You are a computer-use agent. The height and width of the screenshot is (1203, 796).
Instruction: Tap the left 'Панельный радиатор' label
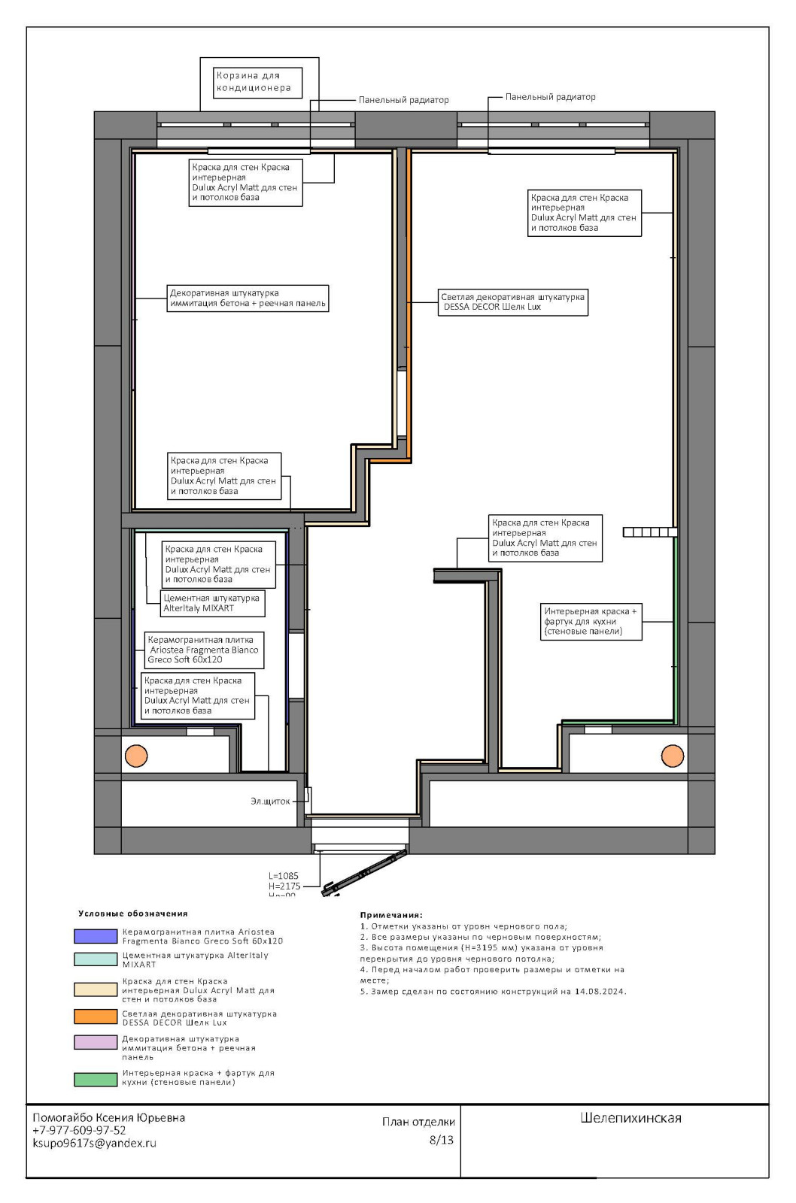coord(403,100)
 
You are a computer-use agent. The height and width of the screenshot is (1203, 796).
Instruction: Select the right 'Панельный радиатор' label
coord(550,97)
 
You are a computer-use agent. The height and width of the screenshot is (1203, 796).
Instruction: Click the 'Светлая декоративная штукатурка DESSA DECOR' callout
coord(512,302)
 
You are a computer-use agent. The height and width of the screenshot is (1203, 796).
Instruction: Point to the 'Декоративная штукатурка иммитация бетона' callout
coord(248,298)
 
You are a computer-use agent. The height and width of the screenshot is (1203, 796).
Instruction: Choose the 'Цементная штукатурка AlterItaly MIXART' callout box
coord(211,603)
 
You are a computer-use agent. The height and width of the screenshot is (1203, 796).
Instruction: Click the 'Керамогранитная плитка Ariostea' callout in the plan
coord(204,650)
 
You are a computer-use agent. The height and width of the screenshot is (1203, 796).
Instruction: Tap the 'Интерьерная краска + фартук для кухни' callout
coord(591,621)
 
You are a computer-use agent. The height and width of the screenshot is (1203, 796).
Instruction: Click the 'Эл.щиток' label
coord(270,801)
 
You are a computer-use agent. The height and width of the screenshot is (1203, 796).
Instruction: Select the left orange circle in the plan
coord(136,756)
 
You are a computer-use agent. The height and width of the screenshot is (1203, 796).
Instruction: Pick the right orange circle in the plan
coord(672,756)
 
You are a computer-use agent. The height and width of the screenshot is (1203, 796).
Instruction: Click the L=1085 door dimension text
coord(284,876)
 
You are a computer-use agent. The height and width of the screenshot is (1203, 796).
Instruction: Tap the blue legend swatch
coord(96,936)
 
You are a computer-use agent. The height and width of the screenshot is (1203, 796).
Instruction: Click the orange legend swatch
coord(96,1017)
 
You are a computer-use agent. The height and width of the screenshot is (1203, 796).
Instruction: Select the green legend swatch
coord(96,1079)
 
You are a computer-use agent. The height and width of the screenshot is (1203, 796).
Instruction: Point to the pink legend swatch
coord(96,1042)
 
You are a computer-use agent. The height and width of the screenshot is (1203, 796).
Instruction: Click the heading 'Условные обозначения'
coord(132,914)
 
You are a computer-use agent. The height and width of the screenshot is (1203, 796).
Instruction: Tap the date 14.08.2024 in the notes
coord(600,992)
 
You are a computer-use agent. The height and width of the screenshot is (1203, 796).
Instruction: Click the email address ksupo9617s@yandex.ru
coord(94,1143)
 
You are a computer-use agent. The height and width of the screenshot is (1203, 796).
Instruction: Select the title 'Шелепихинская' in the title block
coord(630,1118)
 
